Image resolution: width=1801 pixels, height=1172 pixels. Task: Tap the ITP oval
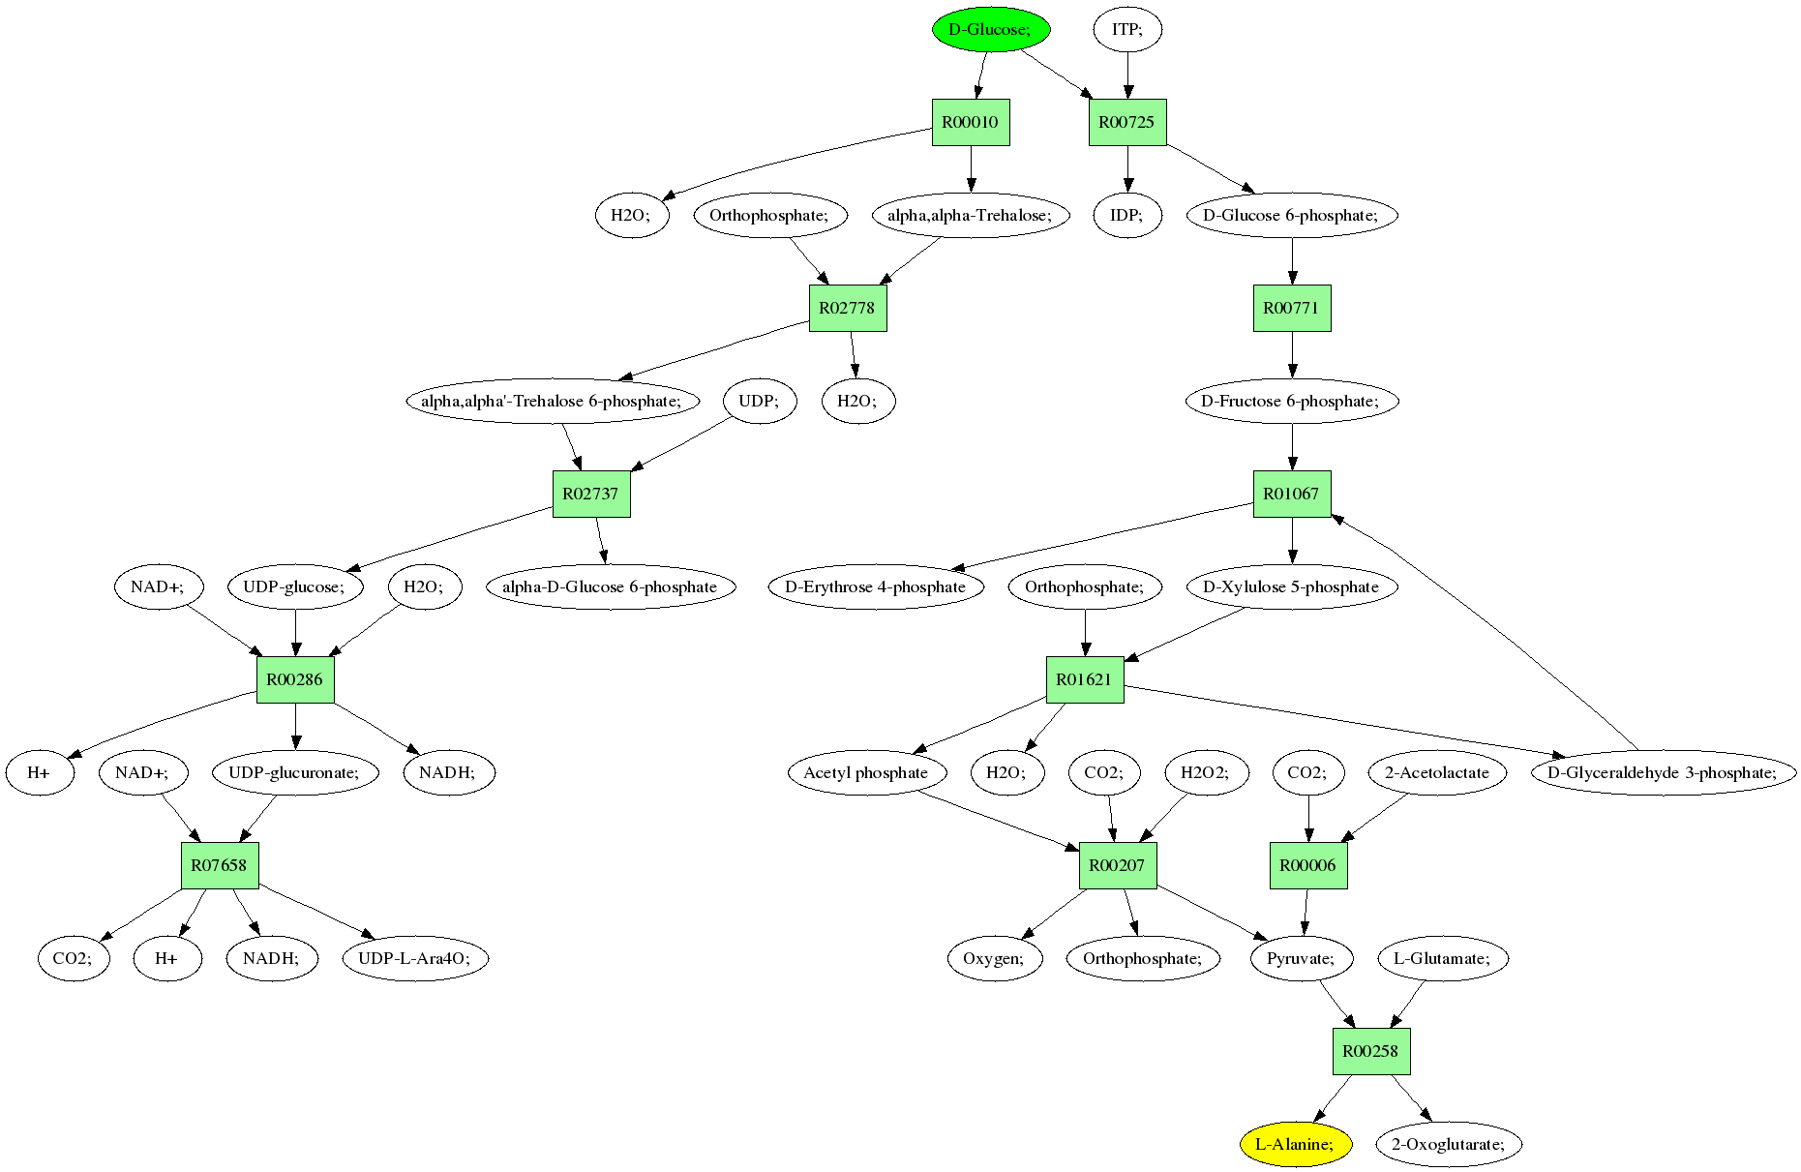(x=1127, y=29)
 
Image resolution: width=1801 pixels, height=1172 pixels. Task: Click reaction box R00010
(x=971, y=122)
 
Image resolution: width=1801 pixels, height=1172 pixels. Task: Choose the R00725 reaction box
(x=1127, y=122)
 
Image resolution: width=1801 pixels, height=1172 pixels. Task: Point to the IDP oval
(x=1127, y=215)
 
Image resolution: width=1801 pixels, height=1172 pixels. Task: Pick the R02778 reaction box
(x=847, y=308)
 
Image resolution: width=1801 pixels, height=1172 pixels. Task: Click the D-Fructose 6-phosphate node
(x=1292, y=401)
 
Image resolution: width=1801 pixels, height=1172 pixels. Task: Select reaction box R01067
(x=1292, y=494)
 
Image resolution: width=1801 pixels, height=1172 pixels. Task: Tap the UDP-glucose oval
(x=295, y=586)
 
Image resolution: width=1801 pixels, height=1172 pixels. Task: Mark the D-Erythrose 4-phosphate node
(x=876, y=586)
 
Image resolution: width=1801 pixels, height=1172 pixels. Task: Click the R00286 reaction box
(x=295, y=679)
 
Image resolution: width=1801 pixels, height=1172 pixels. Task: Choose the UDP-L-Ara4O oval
(x=415, y=958)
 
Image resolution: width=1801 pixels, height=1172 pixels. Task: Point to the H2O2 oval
(x=1205, y=772)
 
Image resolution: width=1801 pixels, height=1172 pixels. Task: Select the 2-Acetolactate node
(x=1437, y=772)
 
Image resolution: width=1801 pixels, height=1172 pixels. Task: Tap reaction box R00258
(x=1371, y=1051)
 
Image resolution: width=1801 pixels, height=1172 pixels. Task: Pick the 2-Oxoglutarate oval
(x=1448, y=1144)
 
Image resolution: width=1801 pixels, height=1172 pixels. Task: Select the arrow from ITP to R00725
(x=1127, y=74)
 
